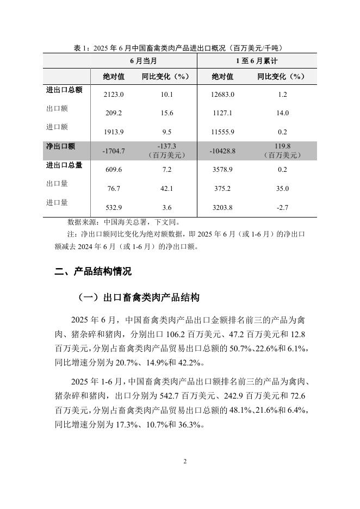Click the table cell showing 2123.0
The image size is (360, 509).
click(114, 95)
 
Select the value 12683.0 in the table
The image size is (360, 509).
click(222, 95)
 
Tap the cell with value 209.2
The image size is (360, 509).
click(114, 113)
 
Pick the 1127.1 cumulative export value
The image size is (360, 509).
click(222, 113)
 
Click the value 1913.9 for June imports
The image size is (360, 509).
click(114, 132)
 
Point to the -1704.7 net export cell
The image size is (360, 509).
click(114, 151)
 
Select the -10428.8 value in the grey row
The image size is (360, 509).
click(222, 151)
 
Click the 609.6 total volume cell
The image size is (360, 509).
click(114, 170)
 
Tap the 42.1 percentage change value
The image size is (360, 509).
click(167, 188)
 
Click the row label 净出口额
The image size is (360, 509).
click(61, 146)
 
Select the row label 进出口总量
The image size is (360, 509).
click(64, 165)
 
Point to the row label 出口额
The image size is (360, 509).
click(57, 108)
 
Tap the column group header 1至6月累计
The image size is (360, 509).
click(256, 60)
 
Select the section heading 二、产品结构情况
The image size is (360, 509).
click(93, 271)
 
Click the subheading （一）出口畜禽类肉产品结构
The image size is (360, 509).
click(139, 297)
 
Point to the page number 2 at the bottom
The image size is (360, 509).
click(185, 462)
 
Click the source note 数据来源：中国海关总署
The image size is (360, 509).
click(122, 222)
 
